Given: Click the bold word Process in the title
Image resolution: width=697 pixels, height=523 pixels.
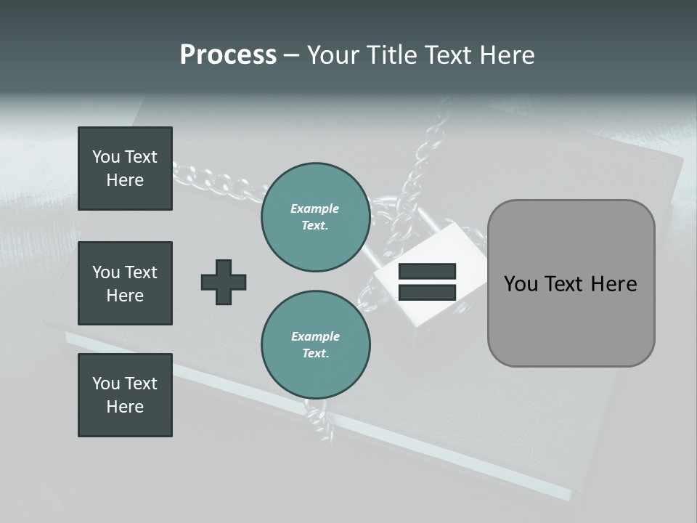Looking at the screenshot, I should point(228,55).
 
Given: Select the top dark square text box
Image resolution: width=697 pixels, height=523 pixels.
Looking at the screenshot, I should point(125,169).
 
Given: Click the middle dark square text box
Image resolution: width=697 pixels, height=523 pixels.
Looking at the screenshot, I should point(125,283).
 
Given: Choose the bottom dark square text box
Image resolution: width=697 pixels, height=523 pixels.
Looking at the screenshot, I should point(125,395).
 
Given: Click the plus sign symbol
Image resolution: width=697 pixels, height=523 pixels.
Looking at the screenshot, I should point(224,282).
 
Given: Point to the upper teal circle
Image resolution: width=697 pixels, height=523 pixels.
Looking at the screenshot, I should point(316,217).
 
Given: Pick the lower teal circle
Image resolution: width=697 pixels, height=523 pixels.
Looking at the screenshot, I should point(316,344).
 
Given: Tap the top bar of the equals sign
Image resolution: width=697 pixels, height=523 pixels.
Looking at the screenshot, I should point(427,272).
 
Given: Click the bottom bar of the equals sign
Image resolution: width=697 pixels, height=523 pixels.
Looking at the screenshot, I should point(427,292).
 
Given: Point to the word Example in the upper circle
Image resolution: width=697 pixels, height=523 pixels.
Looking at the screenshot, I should point(315,208).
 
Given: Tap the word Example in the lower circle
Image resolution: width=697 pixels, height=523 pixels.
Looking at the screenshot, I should point(315,336).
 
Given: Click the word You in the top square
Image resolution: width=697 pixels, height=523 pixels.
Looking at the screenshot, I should point(105,157).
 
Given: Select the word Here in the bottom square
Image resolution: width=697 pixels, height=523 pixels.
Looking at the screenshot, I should point(125,407).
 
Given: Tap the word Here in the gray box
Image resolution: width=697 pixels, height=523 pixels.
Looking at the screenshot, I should point(614,284).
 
